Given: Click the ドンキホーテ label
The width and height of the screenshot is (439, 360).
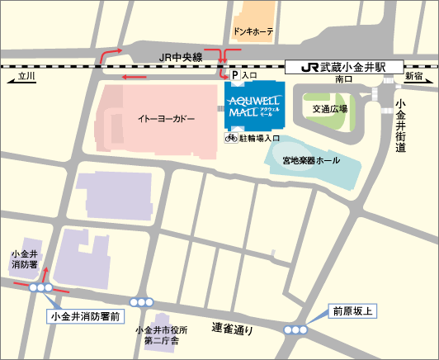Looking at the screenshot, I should [x=253, y=33].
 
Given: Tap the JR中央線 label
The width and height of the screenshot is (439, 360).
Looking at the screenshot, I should [x=180, y=57].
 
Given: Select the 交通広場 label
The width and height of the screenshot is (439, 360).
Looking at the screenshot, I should [x=329, y=109].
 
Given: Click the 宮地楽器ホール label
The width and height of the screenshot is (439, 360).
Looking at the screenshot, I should [x=309, y=158].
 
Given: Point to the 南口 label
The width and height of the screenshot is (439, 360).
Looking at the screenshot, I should [x=345, y=80].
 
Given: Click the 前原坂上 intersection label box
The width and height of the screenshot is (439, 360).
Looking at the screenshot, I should [x=353, y=311].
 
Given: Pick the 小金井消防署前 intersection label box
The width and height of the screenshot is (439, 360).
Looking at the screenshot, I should [x=86, y=315].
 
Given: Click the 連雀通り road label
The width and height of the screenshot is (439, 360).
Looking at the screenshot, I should [x=231, y=328].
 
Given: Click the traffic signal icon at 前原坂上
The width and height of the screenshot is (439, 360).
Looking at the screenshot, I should [x=295, y=330].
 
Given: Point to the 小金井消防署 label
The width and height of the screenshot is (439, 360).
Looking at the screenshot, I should [x=23, y=259].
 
